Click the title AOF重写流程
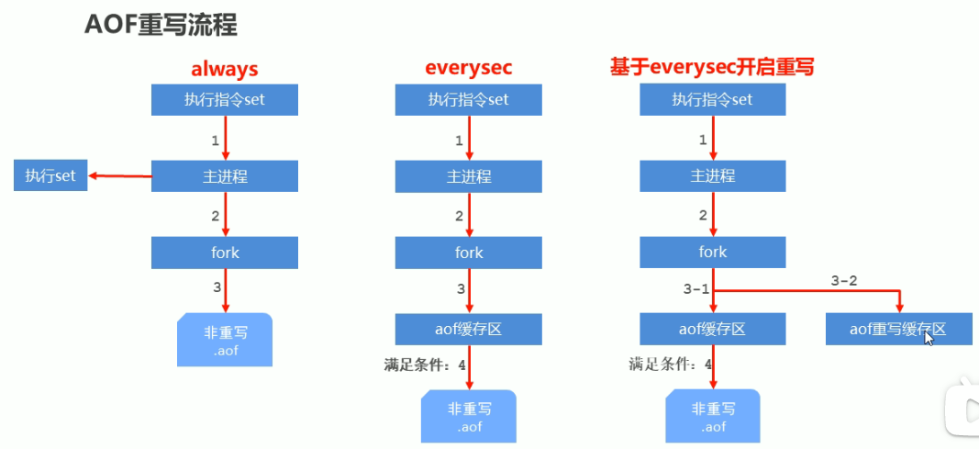click(161, 25)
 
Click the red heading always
click(224, 68)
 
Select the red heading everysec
click(468, 68)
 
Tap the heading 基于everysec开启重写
click(713, 68)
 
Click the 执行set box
click(50, 175)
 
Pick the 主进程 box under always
click(225, 175)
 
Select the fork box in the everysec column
click(469, 252)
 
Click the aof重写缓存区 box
click(898, 329)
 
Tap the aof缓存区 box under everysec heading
click(469, 329)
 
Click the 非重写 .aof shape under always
click(225, 341)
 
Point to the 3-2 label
click(842, 281)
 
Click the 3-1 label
click(696, 289)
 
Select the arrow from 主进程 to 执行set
click(119, 175)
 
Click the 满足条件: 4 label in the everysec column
click(425, 365)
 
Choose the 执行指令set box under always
click(225, 99)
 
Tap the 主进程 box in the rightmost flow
click(713, 175)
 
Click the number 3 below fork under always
click(217, 287)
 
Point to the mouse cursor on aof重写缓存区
click(929, 337)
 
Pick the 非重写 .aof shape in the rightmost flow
click(713, 416)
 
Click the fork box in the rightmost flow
click(713, 252)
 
